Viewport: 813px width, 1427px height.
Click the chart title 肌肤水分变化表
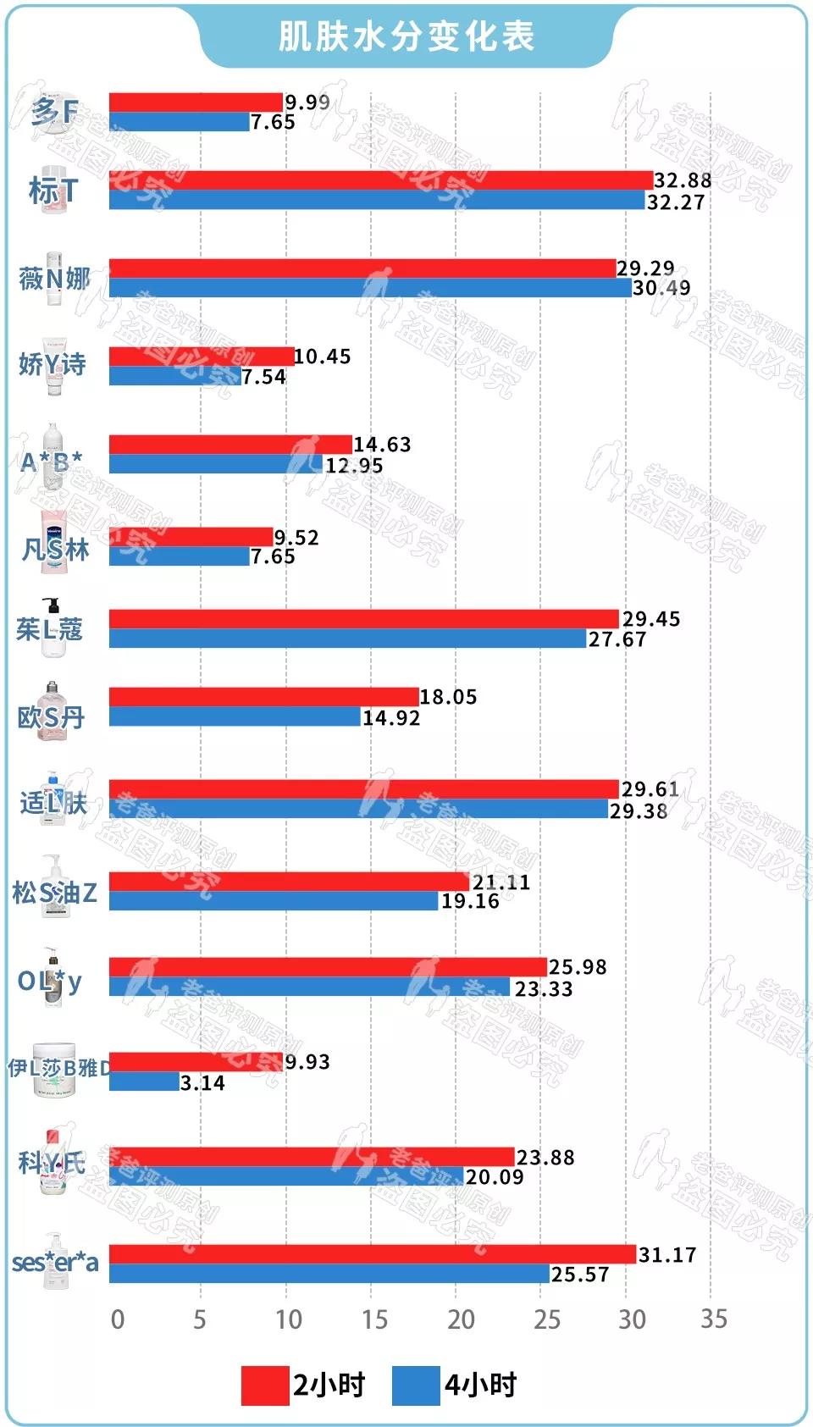click(x=406, y=36)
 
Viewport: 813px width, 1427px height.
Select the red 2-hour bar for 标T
click(x=381, y=180)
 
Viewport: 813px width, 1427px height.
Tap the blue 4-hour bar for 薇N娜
click(x=370, y=288)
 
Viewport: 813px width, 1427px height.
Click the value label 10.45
click(x=323, y=357)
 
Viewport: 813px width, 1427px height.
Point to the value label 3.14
click(x=202, y=1083)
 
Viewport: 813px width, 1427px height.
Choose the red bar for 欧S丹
click(x=264, y=697)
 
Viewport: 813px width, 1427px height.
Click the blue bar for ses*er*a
click(x=329, y=1274)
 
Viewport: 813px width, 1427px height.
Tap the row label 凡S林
click(x=55, y=550)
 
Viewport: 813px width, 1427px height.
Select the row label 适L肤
click(x=53, y=801)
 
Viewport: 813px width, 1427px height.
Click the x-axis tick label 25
click(x=546, y=1319)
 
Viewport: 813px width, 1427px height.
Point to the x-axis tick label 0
click(x=118, y=1319)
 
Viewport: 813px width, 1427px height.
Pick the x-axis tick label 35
click(x=714, y=1319)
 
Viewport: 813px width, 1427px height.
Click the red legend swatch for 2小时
click(x=264, y=1386)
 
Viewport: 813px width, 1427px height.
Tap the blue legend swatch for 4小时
click(x=416, y=1386)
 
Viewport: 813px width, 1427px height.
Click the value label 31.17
click(x=667, y=1254)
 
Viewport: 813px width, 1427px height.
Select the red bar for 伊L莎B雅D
click(x=196, y=1062)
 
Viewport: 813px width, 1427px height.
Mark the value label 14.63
click(x=382, y=445)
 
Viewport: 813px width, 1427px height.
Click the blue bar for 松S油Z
click(x=274, y=901)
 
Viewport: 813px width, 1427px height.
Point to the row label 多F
click(x=54, y=111)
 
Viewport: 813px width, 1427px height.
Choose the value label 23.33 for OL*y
click(x=544, y=989)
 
